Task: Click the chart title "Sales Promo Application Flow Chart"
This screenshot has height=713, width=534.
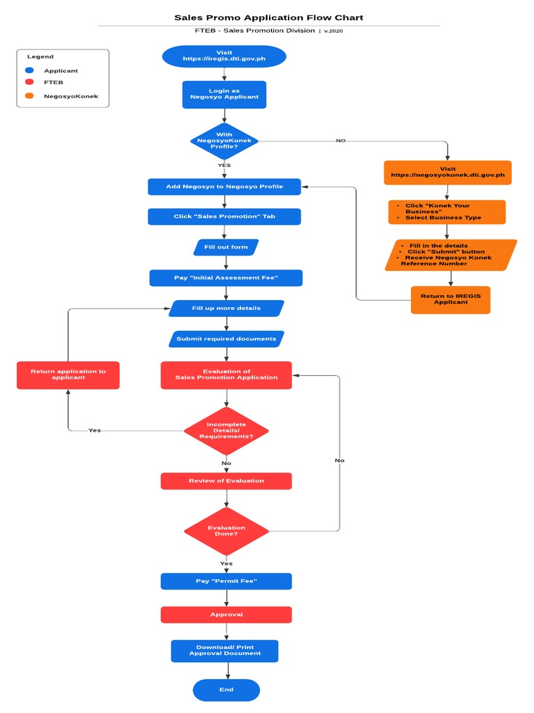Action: [x=268, y=17]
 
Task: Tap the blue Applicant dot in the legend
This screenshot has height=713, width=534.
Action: [x=29, y=70]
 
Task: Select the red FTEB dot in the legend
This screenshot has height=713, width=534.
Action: [x=29, y=82]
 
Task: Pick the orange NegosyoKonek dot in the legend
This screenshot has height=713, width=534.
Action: [x=29, y=95]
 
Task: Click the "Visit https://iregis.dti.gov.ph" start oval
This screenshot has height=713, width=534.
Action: [x=224, y=56]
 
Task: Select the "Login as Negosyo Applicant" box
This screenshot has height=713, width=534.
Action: [x=224, y=94]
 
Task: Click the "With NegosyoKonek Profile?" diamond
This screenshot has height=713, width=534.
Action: [x=224, y=141]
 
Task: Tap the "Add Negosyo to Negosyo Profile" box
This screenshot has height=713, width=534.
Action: [x=224, y=187]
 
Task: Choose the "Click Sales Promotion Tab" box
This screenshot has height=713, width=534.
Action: [x=224, y=217]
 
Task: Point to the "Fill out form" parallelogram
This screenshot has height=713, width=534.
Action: [x=225, y=247]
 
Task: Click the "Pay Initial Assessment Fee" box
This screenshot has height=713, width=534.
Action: [x=225, y=278]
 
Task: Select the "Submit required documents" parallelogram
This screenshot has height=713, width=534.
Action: [x=226, y=339]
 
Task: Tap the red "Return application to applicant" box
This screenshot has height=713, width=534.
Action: [x=68, y=375]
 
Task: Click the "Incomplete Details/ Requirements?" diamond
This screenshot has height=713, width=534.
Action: [x=226, y=430]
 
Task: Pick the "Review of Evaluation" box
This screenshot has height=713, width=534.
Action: [x=226, y=481]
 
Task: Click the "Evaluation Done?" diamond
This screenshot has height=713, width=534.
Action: [x=226, y=531]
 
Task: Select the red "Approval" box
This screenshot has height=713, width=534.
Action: [x=226, y=615]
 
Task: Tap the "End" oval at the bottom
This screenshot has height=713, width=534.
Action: [x=226, y=689]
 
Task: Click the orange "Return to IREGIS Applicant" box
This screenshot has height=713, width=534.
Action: [x=451, y=299]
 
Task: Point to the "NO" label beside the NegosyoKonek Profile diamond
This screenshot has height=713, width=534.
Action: [x=341, y=141]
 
